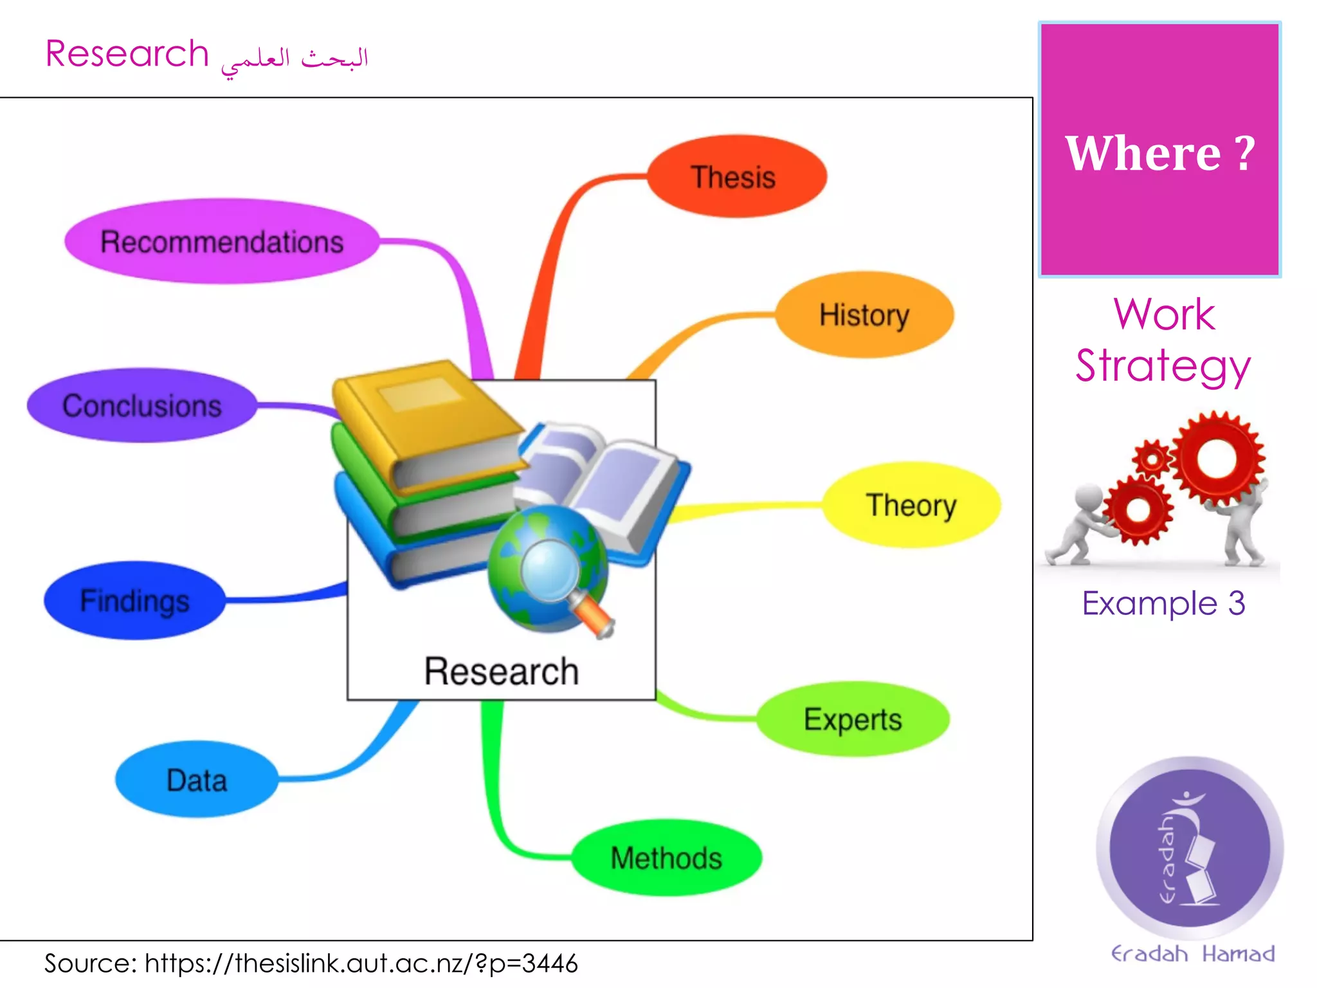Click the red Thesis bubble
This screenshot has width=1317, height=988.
coord(736,176)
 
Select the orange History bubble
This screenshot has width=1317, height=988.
coord(864,315)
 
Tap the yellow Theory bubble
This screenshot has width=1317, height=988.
coord(911,505)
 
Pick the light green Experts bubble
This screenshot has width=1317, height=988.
coord(852,718)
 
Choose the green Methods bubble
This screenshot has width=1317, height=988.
coord(666,857)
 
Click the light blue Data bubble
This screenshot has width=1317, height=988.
coord(197,780)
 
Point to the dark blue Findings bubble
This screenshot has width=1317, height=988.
coord(134,600)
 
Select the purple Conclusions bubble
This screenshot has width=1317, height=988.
coord(141,405)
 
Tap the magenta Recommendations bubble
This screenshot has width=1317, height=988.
coord(222,241)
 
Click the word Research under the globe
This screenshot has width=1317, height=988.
coord(501,671)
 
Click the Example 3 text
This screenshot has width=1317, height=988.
coord(1163,603)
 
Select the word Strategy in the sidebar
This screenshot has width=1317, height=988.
coord(1163,365)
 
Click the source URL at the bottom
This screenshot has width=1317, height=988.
coord(361,963)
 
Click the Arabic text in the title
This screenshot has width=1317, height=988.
coord(295,60)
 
